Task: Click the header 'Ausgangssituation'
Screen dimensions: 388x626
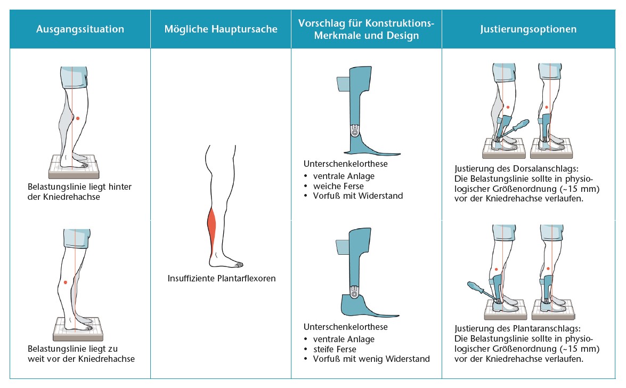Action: click(80, 29)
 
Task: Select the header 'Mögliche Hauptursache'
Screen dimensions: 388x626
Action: click(221, 29)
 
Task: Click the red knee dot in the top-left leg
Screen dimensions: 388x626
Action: click(78, 118)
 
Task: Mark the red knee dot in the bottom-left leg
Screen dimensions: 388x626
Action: click(65, 282)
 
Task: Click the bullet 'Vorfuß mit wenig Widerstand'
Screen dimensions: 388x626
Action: click(371, 359)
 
